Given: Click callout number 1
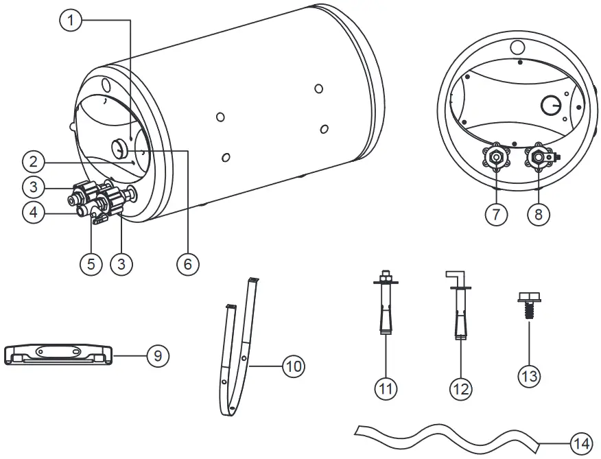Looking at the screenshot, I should coord(71,21).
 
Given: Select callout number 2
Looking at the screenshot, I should coord(32,162).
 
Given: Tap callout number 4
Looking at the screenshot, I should coord(32,213).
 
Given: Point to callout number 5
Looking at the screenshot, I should coord(91,264).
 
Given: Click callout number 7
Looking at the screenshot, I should coord(495,214).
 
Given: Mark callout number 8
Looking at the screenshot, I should coord(539,214).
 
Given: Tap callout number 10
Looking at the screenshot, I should coord(293,366).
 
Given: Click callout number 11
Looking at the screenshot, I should coord(386,388).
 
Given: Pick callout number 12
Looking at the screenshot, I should coord(460,388).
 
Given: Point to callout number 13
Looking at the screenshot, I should coord(530,375).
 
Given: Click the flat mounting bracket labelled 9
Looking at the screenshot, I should coord(58,353).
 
